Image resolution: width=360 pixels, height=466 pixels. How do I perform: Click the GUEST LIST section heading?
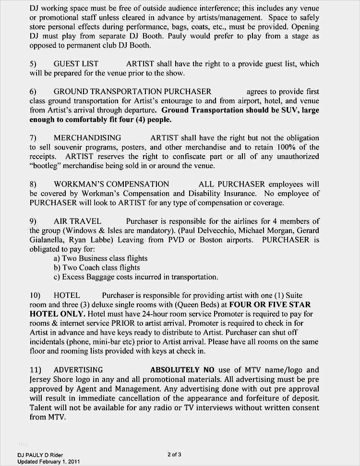click(x=76, y=64)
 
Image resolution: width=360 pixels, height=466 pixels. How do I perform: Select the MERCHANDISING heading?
click(x=87, y=138)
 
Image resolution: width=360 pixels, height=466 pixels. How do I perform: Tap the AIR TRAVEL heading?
click(x=77, y=221)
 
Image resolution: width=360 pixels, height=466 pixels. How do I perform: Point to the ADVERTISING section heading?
click(x=78, y=370)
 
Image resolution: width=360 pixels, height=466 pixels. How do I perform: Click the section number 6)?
click(x=33, y=92)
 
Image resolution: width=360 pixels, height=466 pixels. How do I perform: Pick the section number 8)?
click(x=33, y=184)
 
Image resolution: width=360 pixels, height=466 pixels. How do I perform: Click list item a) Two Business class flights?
click(x=100, y=258)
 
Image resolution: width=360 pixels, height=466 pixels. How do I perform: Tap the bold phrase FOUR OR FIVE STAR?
click(x=270, y=305)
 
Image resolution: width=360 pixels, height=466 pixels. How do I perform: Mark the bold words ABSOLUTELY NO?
click(x=175, y=370)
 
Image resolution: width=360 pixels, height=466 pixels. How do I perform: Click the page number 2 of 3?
click(x=174, y=454)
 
